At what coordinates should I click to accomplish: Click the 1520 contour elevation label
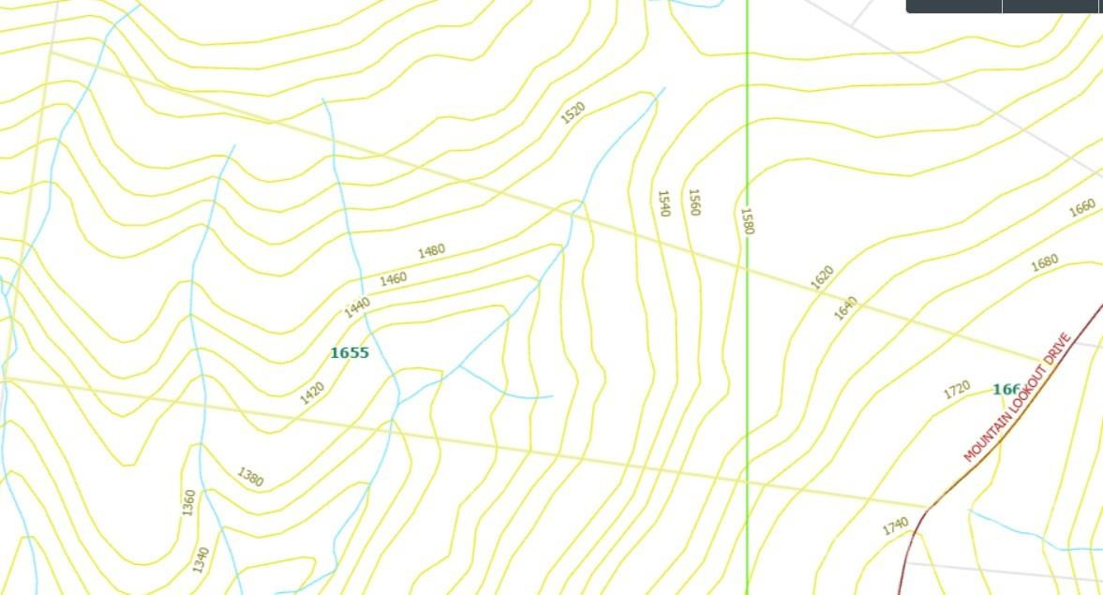click(x=573, y=112)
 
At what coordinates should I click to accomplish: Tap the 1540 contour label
click(x=663, y=203)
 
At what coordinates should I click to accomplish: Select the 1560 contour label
click(x=693, y=202)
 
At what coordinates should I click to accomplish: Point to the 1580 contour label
click(x=747, y=221)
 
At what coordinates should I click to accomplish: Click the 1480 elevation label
click(x=431, y=251)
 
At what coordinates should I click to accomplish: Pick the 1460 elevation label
click(x=394, y=278)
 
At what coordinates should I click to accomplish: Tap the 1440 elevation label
click(x=357, y=307)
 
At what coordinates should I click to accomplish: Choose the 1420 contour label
click(x=312, y=394)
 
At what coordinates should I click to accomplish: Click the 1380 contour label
click(x=250, y=477)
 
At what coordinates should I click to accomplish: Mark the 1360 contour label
click(x=188, y=502)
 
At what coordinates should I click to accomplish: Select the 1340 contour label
click(x=201, y=559)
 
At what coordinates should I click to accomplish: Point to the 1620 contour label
click(x=821, y=277)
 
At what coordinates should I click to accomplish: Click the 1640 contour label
click(x=845, y=307)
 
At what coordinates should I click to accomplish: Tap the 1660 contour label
click(x=1081, y=207)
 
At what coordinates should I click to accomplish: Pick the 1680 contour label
click(x=1044, y=262)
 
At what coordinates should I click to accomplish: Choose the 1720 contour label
click(x=956, y=390)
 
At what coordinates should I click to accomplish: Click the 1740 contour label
click(x=895, y=527)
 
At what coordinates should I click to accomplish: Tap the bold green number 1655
click(x=350, y=353)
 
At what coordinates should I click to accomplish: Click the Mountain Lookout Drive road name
click(x=1017, y=397)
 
